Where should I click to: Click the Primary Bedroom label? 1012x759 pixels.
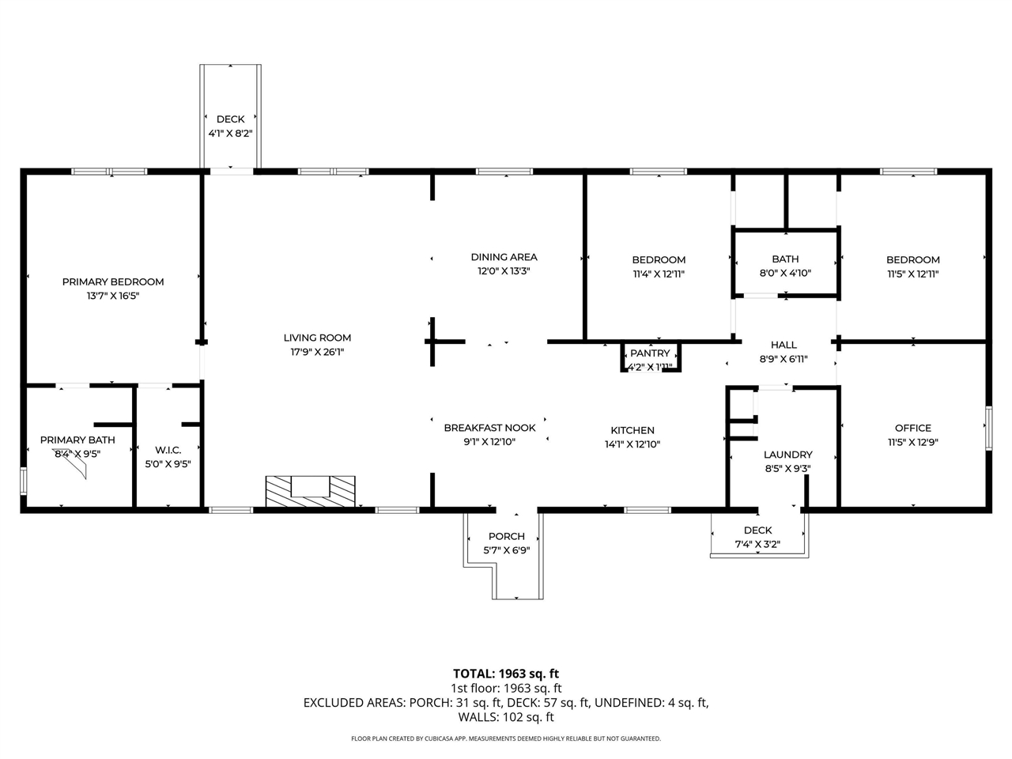pyautogui.click(x=113, y=281)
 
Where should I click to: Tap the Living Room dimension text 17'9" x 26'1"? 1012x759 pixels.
pyautogui.click(x=317, y=352)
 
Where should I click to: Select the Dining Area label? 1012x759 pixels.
pyautogui.click(x=504, y=257)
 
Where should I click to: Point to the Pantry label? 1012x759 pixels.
pyautogui.click(x=650, y=353)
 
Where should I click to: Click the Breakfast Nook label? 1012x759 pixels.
pyautogui.click(x=489, y=428)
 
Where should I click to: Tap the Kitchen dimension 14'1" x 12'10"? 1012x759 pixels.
pyautogui.click(x=632, y=444)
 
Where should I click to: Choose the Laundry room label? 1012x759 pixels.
pyautogui.click(x=787, y=455)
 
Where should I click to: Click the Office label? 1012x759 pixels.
pyautogui.click(x=912, y=428)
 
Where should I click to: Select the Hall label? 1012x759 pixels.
pyautogui.click(x=784, y=345)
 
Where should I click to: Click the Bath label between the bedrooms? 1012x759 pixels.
pyautogui.click(x=784, y=259)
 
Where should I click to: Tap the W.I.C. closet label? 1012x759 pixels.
pyautogui.click(x=168, y=450)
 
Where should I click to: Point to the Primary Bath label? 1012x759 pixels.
pyautogui.click(x=77, y=440)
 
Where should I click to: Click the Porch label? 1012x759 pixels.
pyautogui.click(x=506, y=536)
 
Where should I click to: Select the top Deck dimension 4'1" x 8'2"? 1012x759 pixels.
pyautogui.click(x=230, y=134)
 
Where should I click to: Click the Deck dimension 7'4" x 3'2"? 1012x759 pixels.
pyautogui.click(x=757, y=544)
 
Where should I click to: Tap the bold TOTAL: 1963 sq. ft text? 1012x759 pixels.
pyautogui.click(x=505, y=674)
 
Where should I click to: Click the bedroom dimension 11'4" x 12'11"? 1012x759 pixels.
pyautogui.click(x=658, y=274)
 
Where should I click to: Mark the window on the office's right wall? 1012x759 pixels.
pyautogui.click(x=987, y=428)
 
